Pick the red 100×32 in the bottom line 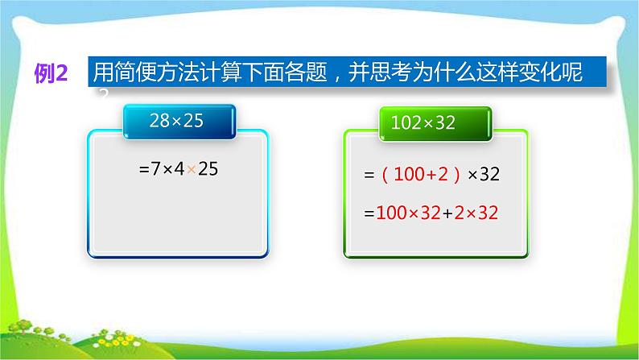405,213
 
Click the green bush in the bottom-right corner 612,334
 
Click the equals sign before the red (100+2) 370,174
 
